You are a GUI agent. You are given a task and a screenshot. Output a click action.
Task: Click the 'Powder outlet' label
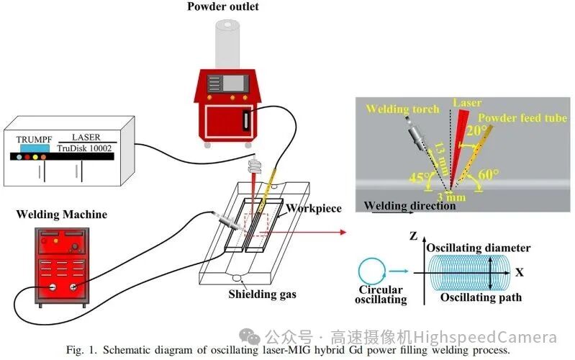pos(224,8)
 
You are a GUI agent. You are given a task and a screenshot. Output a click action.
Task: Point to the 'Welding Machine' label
pos(63,215)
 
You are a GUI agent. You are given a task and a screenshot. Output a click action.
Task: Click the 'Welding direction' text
pos(409,207)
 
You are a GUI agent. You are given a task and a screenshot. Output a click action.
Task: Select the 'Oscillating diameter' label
pos(479,248)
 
